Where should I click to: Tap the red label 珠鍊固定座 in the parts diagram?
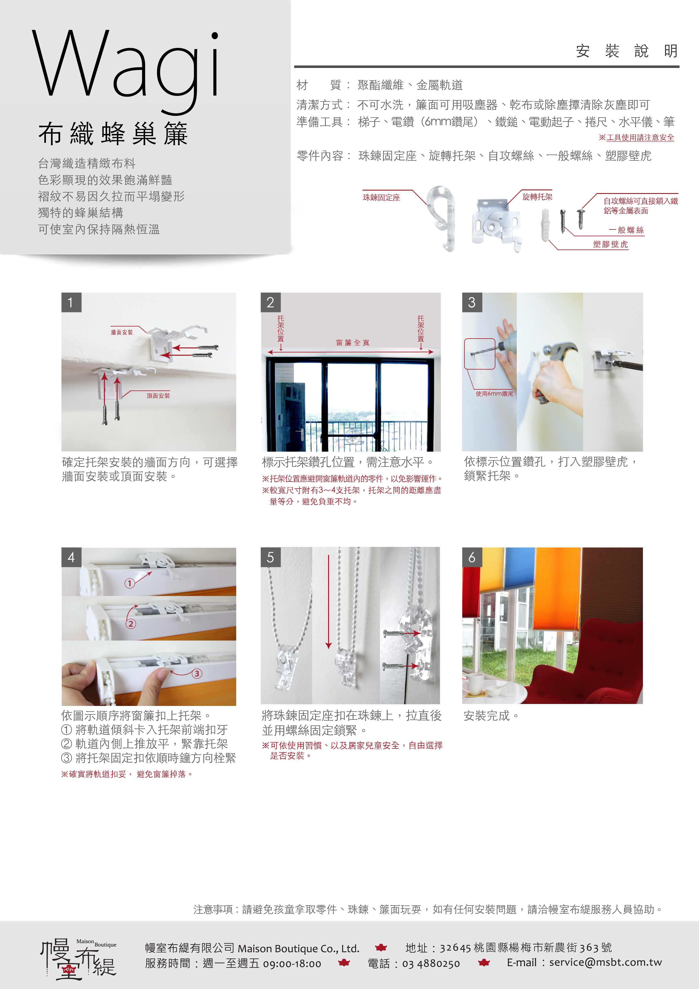pos(381,198)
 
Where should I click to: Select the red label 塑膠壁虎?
pos(610,244)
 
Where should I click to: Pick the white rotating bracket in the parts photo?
pos(497,224)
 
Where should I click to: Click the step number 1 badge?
pos(71,303)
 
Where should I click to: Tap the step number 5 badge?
pos(271,557)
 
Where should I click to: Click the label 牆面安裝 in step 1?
pos(122,332)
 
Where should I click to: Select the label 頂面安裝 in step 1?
pos(158,396)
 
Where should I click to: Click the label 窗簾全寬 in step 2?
pos(353,343)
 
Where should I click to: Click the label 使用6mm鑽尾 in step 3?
pos(494,393)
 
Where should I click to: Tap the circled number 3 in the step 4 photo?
pos(197,673)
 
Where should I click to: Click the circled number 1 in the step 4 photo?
pos(129,583)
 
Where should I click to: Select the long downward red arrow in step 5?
pos(329,602)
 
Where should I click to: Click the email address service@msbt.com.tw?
pos(605,962)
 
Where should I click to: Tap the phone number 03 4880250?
pos(431,964)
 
